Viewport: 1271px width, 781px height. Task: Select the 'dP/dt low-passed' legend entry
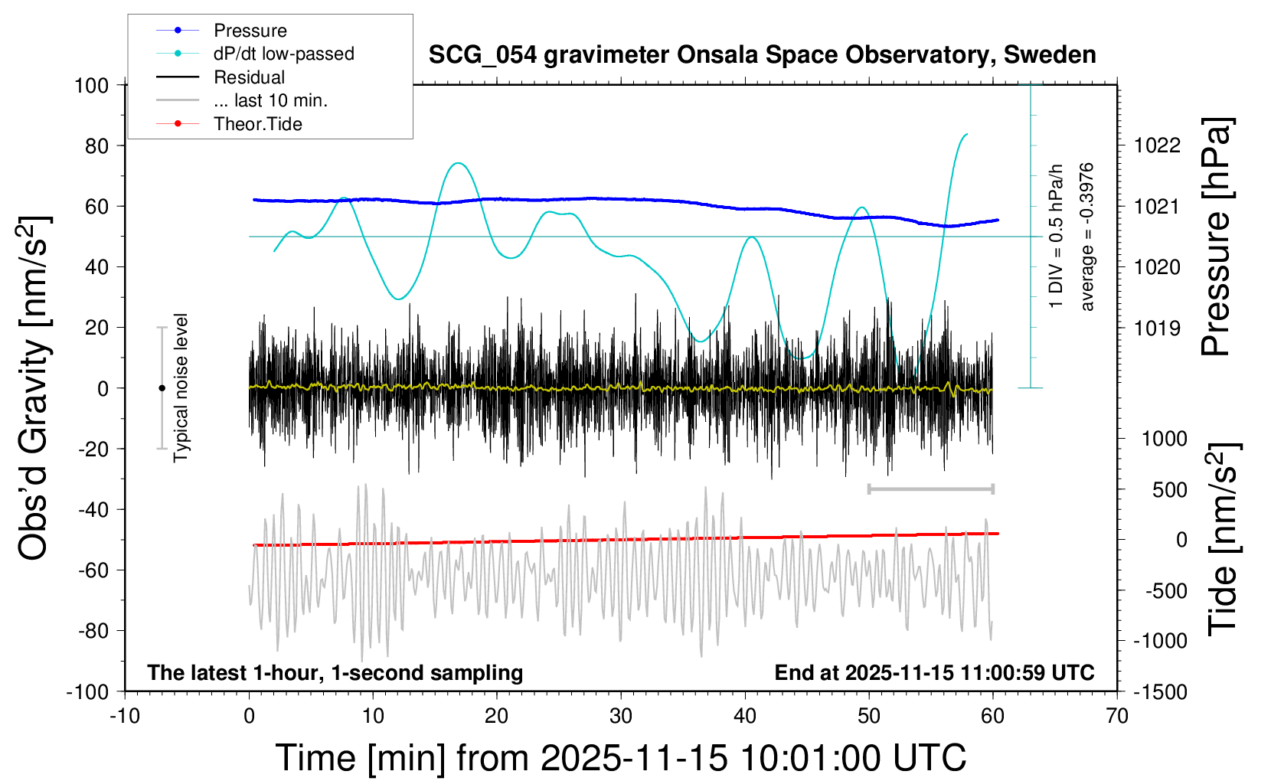283,54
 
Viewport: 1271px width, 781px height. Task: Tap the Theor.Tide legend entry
257,124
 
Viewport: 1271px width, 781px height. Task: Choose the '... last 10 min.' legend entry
270,100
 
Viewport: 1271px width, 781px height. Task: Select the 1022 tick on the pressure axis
1157,145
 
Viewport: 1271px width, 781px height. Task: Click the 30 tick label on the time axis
621,717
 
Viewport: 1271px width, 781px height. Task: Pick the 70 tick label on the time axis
1117,717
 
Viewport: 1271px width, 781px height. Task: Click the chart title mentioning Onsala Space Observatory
762,55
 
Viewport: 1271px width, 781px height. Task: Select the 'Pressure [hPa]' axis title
1216,237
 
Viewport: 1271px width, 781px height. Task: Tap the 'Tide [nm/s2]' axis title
1223,540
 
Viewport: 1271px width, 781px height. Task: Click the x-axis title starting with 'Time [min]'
620,758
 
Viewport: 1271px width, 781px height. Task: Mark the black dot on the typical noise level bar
162,388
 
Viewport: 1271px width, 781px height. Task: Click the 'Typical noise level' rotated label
181,387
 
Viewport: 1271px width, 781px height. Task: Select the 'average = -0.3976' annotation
1086,237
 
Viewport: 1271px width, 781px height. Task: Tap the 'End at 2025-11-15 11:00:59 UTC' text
934,673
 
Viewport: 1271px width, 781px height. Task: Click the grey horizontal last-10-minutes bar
930,489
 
